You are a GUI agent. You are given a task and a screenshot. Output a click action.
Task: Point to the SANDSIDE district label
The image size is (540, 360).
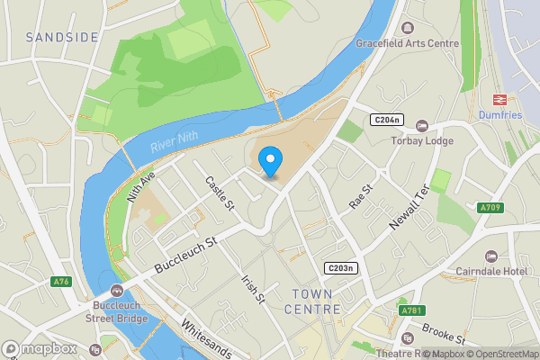(61, 37)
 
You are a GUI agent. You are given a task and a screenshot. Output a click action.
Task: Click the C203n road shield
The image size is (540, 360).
(341, 268)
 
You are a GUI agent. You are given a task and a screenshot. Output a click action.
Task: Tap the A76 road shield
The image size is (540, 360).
(61, 283)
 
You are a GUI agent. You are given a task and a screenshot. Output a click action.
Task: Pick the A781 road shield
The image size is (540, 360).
(410, 310)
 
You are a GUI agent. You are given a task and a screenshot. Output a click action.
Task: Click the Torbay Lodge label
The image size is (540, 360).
(419, 141)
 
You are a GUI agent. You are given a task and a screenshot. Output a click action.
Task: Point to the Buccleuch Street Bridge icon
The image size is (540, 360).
(117, 291)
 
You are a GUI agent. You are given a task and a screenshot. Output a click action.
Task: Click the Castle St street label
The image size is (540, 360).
(219, 193)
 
